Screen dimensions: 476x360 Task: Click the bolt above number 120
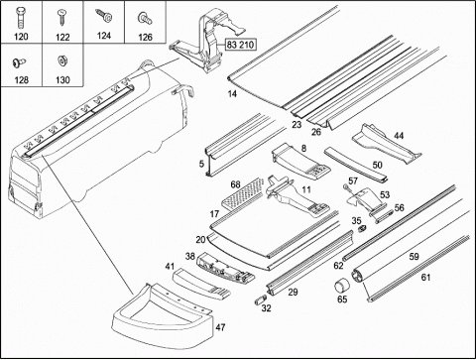pos(20,17)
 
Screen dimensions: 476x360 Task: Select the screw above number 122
pos(61,17)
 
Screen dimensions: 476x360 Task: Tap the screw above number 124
pos(104,16)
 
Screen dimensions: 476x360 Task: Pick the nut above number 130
pos(61,60)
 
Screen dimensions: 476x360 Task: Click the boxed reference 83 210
pos(241,44)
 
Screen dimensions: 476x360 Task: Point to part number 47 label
pos(220,327)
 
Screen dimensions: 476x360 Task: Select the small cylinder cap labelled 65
pos(341,287)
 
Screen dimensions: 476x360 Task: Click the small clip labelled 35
pos(362,228)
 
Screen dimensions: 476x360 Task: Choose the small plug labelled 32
pos(260,300)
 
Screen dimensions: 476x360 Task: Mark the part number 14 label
pos(232,94)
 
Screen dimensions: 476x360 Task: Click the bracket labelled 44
pos(384,143)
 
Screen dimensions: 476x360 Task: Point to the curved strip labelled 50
pos(355,165)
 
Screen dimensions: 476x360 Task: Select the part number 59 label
pos(414,256)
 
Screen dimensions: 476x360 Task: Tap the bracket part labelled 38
pos(225,268)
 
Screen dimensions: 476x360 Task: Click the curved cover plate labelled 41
pos(201,282)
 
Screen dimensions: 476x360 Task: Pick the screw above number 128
pos(19,61)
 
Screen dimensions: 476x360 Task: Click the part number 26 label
pos(316,132)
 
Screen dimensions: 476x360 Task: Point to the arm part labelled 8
pos(299,160)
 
